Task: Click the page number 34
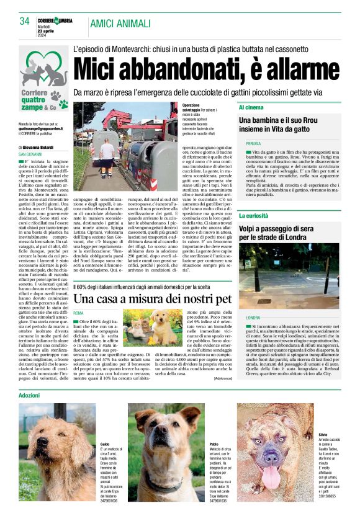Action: pos(25,22)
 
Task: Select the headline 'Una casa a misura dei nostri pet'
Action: pos(152,299)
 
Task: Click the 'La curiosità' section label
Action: pos(253,216)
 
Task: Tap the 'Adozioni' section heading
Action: pos(29,395)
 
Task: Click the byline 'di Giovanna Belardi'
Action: pos(38,147)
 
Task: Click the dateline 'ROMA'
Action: pos(79,313)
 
